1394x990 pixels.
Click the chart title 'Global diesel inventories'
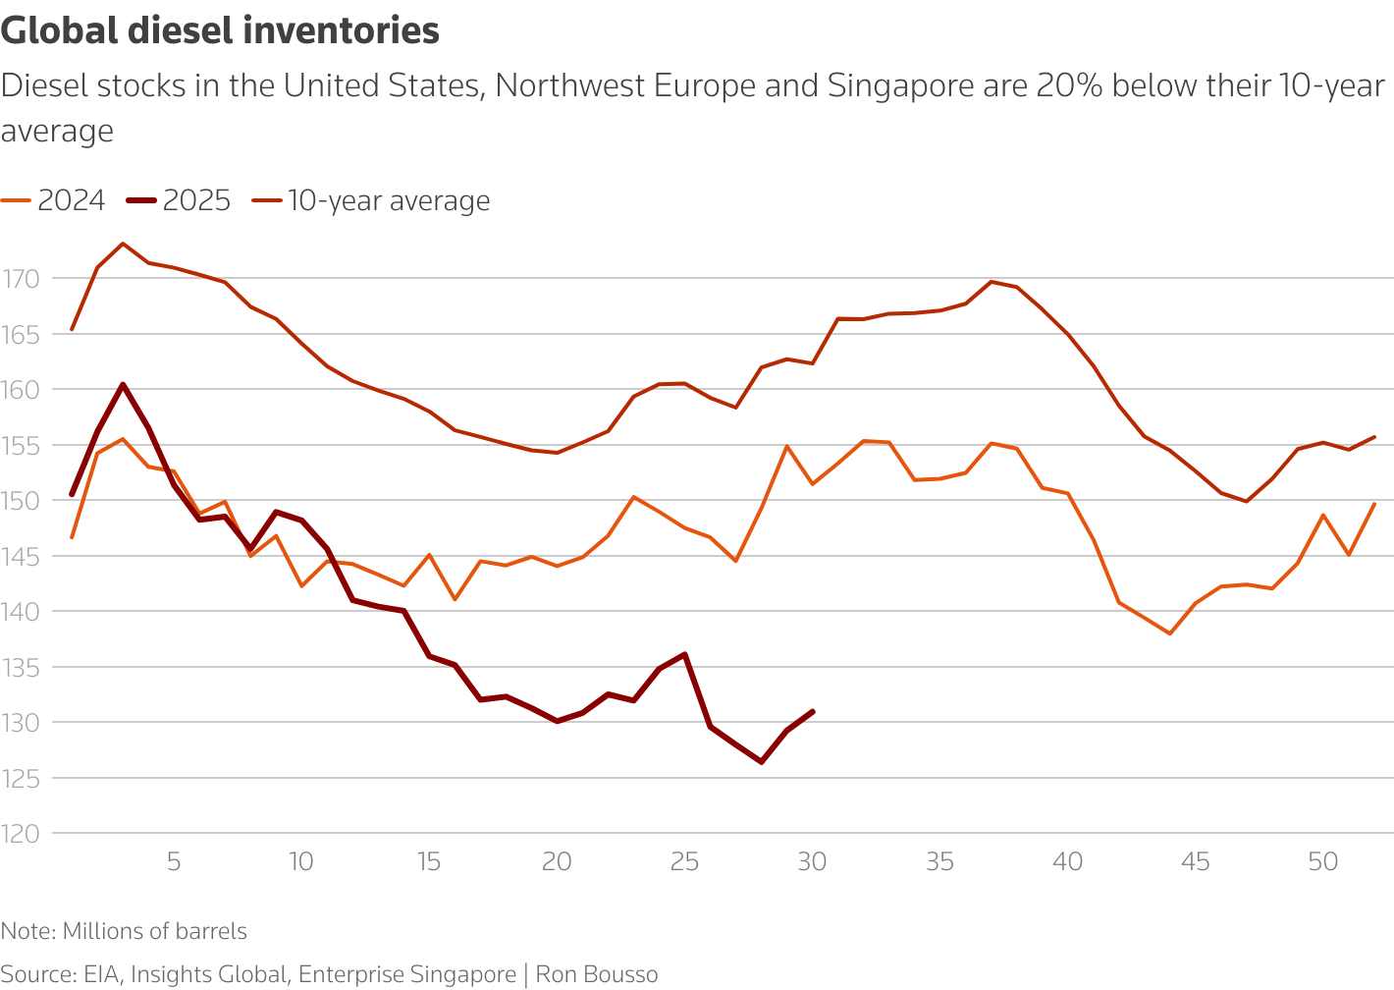coord(220,30)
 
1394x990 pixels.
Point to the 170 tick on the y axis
coord(21,279)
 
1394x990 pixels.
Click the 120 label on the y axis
coord(21,834)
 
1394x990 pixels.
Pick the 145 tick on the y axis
coord(21,557)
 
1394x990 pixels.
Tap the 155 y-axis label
coord(21,446)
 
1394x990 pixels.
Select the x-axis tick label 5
coord(174,862)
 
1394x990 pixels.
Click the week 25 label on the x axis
coord(684,862)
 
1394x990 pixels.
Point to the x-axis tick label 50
coord(1323,862)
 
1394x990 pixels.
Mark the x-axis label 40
coord(1068,862)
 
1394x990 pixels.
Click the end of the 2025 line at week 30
coord(813,711)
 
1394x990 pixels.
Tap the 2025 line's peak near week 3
coord(122,384)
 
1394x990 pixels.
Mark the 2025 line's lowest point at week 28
coord(761,761)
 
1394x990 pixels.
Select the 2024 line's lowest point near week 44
coord(1170,633)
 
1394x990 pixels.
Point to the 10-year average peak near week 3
coord(122,244)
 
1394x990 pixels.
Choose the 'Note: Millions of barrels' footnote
coord(124,931)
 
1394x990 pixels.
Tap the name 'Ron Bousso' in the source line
coord(597,974)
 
